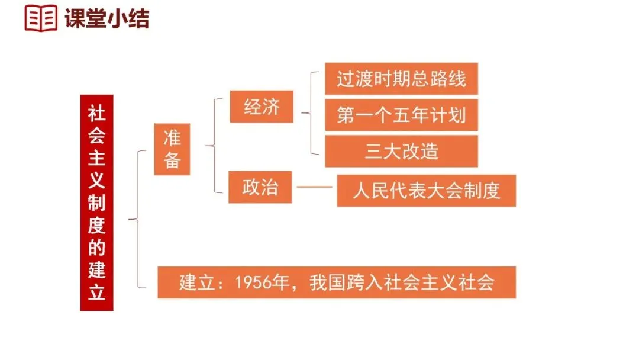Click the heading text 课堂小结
[x=106, y=18]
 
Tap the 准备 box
[x=172, y=149]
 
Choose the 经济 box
[x=262, y=107]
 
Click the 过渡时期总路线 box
[x=401, y=79]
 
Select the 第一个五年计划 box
[x=401, y=115]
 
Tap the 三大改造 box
[x=401, y=151]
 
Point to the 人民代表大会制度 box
[x=426, y=191]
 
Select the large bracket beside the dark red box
[x=137, y=219]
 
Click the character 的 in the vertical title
[x=96, y=247]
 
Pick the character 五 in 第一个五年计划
[x=401, y=115]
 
